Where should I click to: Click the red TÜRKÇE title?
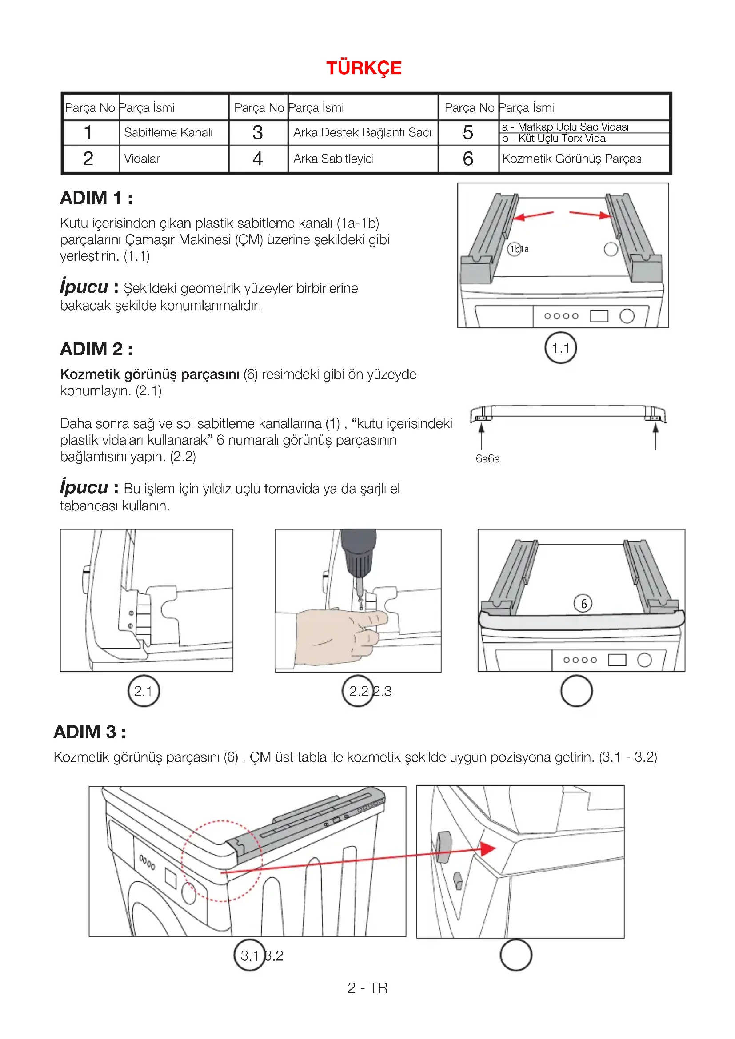coord(364,68)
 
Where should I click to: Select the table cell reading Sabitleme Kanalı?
coord(168,132)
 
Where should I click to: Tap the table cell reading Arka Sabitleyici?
coord(334,159)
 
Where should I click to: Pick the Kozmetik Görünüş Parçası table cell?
coord(572,159)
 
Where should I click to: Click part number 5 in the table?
coord(468,132)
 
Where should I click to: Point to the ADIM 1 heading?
coord(96,198)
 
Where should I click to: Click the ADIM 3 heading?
coord(90,732)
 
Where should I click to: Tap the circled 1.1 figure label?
coord(560,348)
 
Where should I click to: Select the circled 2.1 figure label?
coord(144,691)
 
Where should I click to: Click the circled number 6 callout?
coord(583,604)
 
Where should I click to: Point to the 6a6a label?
coord(487,459)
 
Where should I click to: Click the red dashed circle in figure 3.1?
coord(221,861)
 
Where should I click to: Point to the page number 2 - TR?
coord(367,988)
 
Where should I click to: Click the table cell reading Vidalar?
coord(142,159)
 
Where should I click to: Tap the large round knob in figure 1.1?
coord(627,316)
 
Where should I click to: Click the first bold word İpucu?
coord(84,287)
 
